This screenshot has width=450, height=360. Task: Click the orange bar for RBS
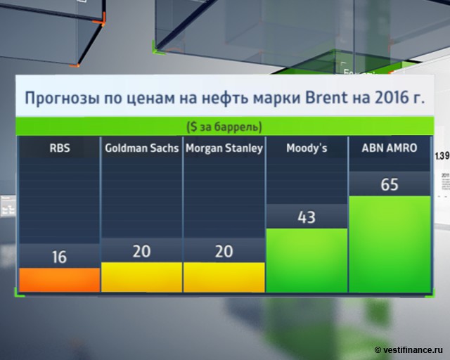(x=59, y=280)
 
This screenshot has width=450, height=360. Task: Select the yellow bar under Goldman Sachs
(x=141, y=277)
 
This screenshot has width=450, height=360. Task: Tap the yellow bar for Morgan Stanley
(x=224, y=277)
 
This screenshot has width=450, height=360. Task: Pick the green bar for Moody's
(x=307, y=260)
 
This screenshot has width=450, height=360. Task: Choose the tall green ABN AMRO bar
(x=390, y=244)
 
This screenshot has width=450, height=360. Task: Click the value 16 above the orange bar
(x=59, y=257)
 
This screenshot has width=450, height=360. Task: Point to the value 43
(x=307, y=217)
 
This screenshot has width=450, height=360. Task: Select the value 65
(x=390, y=185)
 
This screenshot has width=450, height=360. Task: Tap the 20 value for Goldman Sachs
(x=141, y=251)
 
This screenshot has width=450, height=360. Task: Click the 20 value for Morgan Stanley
(x=224, y=251)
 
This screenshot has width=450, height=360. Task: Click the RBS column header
(x=59, y=148)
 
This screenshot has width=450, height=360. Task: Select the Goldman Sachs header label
(x=141, y=148)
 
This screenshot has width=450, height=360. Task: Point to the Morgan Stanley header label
(x=224, y=148)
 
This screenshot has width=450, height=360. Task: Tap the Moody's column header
(x=307, y=148)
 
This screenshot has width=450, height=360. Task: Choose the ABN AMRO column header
(x=390, y=148)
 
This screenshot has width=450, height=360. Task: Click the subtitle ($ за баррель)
(x=224, y=127)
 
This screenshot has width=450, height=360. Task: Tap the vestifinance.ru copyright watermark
(x=409, y=349)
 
